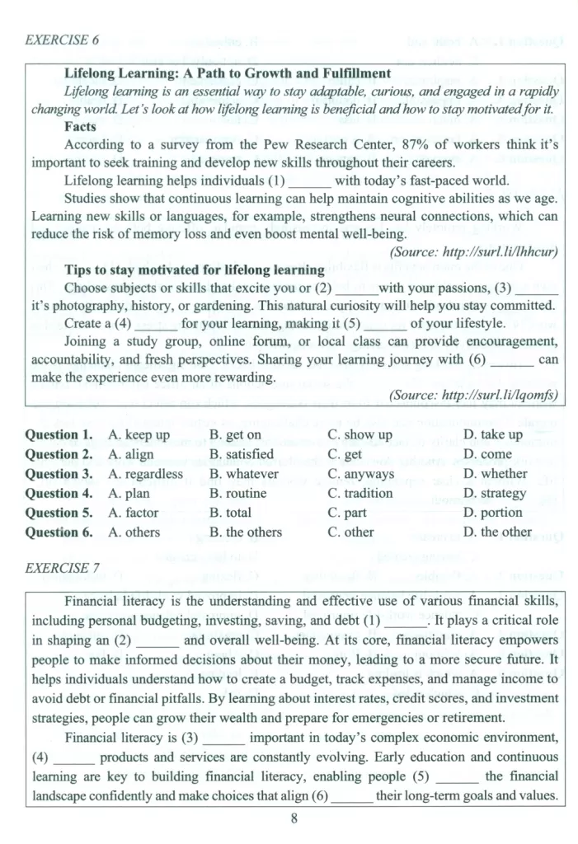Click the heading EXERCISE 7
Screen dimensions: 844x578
coord(63,568)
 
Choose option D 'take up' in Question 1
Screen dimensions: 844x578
coord(493,434)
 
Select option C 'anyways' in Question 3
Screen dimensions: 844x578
coord(360,473)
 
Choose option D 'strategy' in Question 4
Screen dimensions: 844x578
coord(495,493)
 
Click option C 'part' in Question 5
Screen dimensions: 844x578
coord(345,512)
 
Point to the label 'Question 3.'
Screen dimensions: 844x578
coord(59,473)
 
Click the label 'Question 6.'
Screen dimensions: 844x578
coord(59,532)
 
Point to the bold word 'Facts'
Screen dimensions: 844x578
coord(80,127)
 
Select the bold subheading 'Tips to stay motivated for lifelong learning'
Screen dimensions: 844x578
coord(194,270)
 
